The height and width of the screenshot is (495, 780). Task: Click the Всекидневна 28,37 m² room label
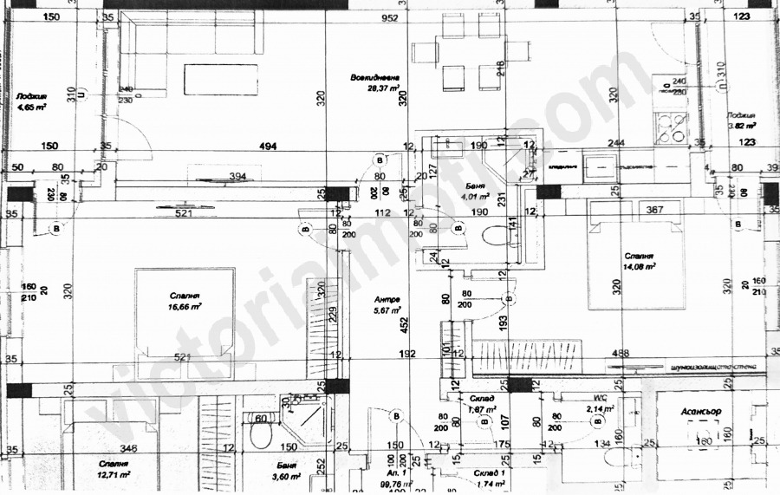coord(374,82)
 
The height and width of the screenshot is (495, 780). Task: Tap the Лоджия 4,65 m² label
coord(31,101)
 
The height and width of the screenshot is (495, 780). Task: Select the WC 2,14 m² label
coord(600,403)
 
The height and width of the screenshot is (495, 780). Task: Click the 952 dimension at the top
coord(389,18)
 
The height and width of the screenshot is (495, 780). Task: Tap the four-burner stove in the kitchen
coord(670,128)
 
